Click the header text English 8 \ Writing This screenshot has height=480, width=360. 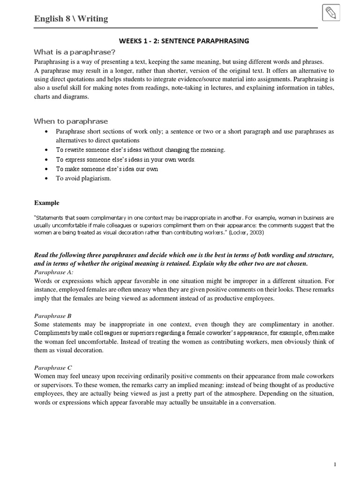pyautogui.click(x=71, y=19)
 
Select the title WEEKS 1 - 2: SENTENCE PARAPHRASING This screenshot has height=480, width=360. pyautogui.click(x=184, y=41)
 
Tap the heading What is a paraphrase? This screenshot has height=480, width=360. pyautogui.click(x=75, y=52)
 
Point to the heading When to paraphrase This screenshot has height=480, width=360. pyautogui.click(x=70, y=121)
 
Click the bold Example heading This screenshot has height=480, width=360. pyautogui.click(x=47, y=203)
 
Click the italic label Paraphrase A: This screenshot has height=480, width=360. pyautogui.click(x=54, y=272)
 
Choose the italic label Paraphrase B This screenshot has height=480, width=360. pyautogui.click(x=53, y=316)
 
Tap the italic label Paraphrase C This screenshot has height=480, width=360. pyautogui.click(x=53, y=367)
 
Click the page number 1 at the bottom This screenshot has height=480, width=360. pyautogui.click(x=335, y=465)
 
